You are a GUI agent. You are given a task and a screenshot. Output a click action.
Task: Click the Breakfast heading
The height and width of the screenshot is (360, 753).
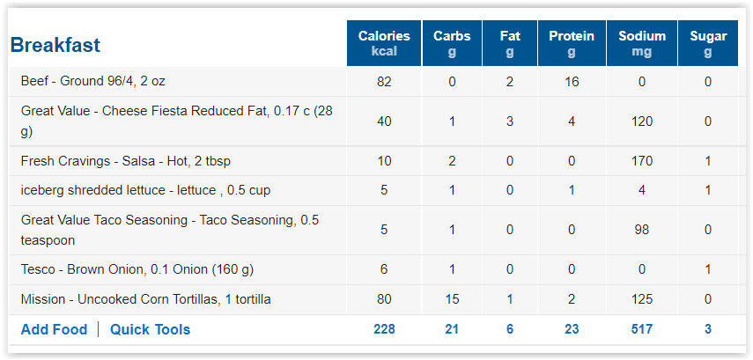pyautogui.click(x=55, y=45)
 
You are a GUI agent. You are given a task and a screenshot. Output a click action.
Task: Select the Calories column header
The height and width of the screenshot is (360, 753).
pyautogui.click(x=384, y=43)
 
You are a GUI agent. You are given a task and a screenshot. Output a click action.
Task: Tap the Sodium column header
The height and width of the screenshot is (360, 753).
pyautogui.click(x=642, y=43)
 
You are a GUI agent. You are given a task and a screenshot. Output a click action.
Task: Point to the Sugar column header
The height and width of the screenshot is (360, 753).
pyautogui.click(x=708, y=43)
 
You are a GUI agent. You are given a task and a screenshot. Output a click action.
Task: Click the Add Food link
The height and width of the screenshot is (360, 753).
pyautogui.click(x=55, y=330)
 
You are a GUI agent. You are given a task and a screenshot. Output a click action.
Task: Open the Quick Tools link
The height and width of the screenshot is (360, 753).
pyautogui.click(x=151, y=330)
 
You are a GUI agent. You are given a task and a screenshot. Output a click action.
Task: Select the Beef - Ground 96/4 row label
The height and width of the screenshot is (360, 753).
pyautogui.click(x=93, y=81)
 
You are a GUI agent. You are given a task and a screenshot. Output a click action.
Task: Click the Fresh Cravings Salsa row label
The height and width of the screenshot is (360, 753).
pyautogui.click(x=126, y=161)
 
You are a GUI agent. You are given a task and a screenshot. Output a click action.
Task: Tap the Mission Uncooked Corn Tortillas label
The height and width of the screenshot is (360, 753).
pyautogui.click(x=146, y=299)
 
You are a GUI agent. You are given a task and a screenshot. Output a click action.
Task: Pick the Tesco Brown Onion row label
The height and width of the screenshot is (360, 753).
pyautogui.click(x=137, y=269)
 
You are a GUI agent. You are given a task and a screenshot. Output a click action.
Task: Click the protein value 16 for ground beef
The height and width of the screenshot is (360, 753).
pyautogui.click(x=572, y=82)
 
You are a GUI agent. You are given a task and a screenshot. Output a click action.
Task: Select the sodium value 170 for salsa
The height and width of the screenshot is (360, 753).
pyautogui.click(x=642, y=161)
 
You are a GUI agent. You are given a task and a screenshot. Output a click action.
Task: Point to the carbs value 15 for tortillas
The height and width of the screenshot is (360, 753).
pyautogui.click(x=452, y=299)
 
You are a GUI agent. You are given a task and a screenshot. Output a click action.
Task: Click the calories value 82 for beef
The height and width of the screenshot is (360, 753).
pyautogui.click(x=384, y=82)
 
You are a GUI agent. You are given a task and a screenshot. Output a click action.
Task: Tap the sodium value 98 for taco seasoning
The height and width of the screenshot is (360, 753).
pyautogui.click(x=642, y=230)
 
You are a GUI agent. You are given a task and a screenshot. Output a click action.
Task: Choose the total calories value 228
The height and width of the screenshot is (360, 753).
pyautogui.click(x=384, y=329)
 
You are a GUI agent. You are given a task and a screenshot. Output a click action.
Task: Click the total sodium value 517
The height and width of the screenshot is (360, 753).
pyautogui.click(x=642, y=329)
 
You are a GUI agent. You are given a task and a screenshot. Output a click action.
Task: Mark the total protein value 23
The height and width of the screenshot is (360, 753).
pyautogui.click(x=572, y=329)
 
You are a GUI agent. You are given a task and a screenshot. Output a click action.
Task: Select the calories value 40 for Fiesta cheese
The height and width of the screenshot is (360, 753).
pyautogui.click(x=384, y=121)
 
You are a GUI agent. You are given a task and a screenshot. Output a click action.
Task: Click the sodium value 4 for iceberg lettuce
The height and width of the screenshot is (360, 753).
pyautogui.click(x=642, y=190)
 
